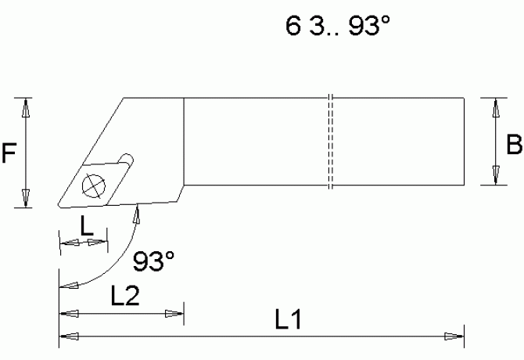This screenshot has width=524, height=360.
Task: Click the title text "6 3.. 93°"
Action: [337, 28]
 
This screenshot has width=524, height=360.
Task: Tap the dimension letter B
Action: [513, 145]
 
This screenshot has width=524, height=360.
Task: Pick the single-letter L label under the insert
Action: [88, 225]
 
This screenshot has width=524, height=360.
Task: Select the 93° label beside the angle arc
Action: [153, 261]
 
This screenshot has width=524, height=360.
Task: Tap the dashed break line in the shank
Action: [331, 142]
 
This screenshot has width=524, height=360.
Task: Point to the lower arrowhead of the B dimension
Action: [493, 176]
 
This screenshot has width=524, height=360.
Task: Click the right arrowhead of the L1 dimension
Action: [454, 337]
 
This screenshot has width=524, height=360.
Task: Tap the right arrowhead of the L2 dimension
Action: [174, 314]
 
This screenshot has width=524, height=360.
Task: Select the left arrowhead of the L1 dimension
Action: [69, 337]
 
